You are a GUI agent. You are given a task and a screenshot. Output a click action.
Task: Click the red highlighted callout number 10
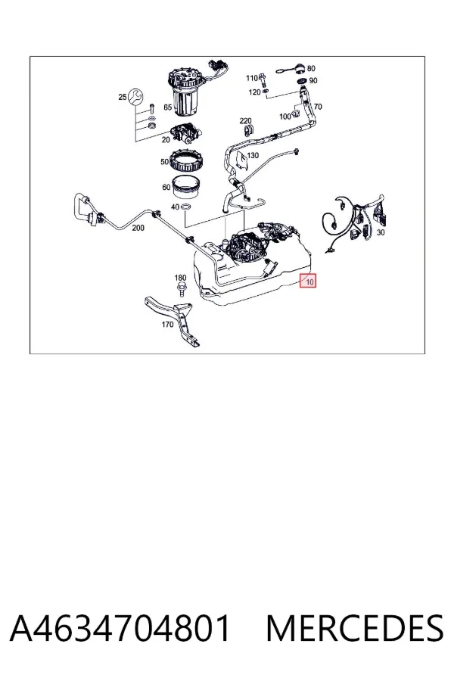[309, 282]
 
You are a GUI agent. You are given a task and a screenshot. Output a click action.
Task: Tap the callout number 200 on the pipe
[138, 228]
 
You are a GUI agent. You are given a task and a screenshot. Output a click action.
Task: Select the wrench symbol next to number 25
[137, 97]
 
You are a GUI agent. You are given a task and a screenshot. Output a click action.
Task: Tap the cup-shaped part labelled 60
[186, 187]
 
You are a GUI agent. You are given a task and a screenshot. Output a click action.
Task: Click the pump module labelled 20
[186, 134]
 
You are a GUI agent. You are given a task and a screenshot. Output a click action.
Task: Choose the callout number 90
[313, 81]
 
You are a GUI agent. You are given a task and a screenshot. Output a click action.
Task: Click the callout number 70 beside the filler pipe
[318, 107]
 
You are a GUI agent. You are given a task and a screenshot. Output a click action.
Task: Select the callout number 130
[253, 155]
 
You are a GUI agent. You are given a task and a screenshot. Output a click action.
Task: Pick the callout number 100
[285, 117]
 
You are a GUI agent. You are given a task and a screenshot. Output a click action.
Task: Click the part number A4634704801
[120, 628]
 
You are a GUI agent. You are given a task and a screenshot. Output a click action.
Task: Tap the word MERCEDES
[355, 628]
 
